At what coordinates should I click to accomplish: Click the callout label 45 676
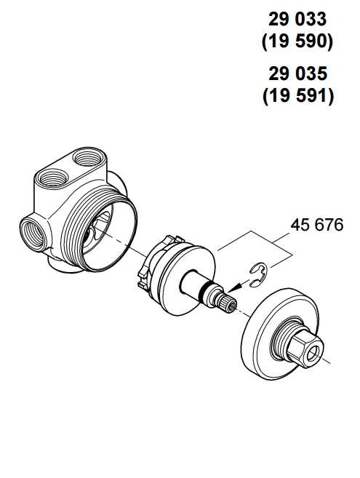tap(317, 225)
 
